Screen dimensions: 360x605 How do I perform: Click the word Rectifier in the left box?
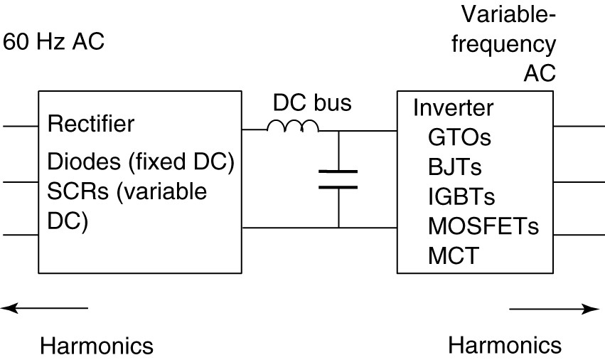coord(90,125)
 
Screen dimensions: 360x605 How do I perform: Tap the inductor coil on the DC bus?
coord(291,126)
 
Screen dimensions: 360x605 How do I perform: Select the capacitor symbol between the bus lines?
coord(338,179)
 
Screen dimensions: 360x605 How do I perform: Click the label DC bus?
coord(312,104)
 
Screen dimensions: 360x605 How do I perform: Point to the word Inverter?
coord(453,108)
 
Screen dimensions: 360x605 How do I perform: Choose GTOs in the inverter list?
coord(460,137)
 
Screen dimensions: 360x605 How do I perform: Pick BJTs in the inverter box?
coord(455,167)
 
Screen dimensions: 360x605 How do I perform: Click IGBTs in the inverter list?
coord(461,196)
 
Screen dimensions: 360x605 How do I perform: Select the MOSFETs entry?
coord(483,226)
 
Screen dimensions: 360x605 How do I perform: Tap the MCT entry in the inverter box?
coord(453,255)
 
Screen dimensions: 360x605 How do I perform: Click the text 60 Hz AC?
coord(54,41)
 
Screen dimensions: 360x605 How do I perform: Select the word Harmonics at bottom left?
coord(97,346)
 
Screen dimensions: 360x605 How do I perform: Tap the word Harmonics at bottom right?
coord(505,346)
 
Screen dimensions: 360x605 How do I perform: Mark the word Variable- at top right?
coord(508,15)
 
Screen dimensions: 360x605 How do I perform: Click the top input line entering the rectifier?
coord(19,127)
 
